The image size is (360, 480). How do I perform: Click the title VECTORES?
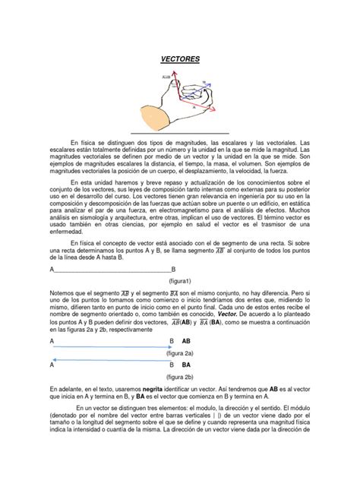tap(180, 58)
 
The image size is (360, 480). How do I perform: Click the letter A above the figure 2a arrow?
tap(51, 342)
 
